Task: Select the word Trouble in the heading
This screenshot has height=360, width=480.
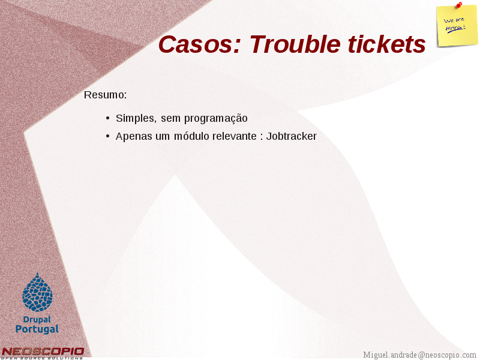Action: click(x=295, y=44)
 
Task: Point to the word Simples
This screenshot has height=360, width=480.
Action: click(x=136, y=118)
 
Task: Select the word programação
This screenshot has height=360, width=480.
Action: click(x=216, y=118)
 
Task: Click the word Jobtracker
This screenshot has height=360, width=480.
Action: click(x=292, y=136)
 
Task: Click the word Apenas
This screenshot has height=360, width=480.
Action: click(x=134, y=136)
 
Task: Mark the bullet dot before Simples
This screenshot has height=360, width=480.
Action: click(x=107, y=118)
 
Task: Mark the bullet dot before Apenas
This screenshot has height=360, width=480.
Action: click(x=107, y=136)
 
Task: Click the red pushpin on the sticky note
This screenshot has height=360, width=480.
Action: click(x=459, y=5)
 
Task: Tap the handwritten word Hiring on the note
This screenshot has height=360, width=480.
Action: click(x=455, y=28)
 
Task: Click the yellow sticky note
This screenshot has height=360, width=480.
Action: click(x=457, y=26)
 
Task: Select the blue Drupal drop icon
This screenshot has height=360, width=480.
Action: click(x=38, y=292)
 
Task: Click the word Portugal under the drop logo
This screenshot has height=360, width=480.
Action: click(x=37, y=329)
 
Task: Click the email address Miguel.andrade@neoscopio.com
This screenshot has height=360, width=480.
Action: click(x=419, y=355)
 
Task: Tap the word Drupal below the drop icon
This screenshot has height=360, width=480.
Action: click(x=37, y=320)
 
